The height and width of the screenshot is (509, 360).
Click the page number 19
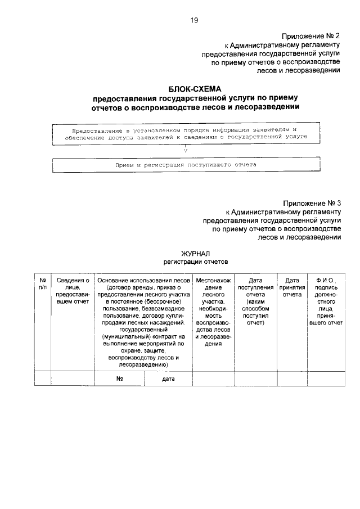[x=194, y=21]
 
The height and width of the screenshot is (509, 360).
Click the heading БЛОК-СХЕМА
[x=195, y=88]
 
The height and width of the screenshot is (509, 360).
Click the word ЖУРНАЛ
[x=195, y=254]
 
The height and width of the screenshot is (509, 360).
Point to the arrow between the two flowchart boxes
[x=186, y=150]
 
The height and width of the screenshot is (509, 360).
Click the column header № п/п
[x=42, y=283]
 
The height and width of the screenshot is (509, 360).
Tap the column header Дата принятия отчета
[x=291, y=287]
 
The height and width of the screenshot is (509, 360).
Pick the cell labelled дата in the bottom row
[x=168, y=379]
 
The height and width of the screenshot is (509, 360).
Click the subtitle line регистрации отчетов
[x=196, y=262]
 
